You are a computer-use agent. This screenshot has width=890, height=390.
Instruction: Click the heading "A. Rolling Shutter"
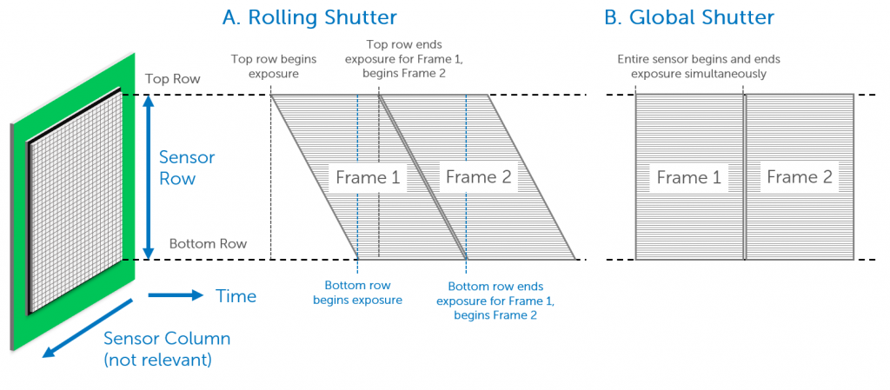point(309,17)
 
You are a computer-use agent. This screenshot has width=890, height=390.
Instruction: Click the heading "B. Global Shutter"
point(689,17)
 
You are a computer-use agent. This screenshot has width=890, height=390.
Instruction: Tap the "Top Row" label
point(173,79)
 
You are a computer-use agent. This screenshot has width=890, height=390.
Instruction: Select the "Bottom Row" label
point(209,244)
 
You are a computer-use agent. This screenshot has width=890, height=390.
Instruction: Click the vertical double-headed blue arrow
point(148,177)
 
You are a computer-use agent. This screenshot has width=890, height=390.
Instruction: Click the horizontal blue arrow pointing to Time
point(176,295)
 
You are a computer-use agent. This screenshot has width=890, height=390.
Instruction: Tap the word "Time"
point(236,296)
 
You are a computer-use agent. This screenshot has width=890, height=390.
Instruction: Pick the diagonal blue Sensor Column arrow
point(88,329)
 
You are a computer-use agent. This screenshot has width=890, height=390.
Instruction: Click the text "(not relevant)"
point(158,360)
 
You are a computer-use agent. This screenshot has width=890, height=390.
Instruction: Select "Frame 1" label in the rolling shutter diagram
point(368,177)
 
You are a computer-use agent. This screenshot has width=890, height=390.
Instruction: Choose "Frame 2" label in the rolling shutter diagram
point(479,177)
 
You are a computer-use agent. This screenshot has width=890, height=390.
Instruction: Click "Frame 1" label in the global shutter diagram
point(688,177)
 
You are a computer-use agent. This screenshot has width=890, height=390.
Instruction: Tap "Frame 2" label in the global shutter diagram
point(800,177)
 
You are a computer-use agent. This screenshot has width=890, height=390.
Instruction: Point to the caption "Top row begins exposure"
point(274,66)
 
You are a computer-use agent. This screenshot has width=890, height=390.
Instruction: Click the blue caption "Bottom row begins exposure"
point(357,293)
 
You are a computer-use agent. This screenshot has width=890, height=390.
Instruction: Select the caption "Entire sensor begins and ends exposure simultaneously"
point(699,66)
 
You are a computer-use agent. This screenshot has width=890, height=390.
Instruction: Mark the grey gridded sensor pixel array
point(76,200)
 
